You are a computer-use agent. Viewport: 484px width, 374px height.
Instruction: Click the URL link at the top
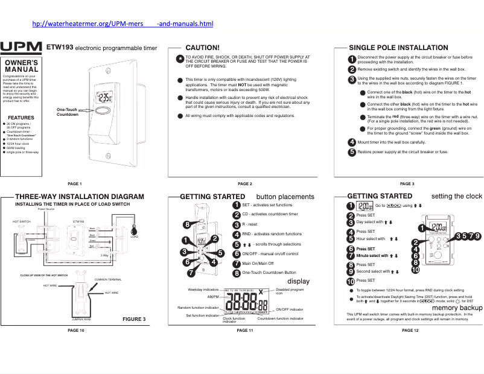coord(123,24)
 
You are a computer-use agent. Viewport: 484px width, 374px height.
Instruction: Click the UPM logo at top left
coord(21,47)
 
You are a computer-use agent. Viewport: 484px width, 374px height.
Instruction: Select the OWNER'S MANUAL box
coord(21,66)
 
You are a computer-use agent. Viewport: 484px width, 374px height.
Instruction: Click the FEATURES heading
coord(21,118)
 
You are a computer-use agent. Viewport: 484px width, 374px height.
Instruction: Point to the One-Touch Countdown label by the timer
coord(67,111)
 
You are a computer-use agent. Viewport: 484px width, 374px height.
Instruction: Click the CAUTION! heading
coord(202,47)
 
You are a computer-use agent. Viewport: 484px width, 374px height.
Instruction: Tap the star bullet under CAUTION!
coord(180,59)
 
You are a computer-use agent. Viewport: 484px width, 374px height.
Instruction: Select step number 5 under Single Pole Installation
coord(352,152)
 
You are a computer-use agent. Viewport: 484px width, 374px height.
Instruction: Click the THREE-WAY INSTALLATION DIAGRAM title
coord(79,197)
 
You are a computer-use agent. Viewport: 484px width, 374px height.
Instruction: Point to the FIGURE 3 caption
coord(134,319)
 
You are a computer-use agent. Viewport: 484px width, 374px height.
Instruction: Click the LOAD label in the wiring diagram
coord(135,237)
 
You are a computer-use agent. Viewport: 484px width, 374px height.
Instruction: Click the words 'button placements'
coord(285,197)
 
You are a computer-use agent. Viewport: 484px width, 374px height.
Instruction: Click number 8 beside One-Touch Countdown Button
coord(237,273)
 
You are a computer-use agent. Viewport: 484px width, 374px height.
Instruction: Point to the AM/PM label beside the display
coord(213,297)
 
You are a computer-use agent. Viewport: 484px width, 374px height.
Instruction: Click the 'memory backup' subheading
coord(457,308)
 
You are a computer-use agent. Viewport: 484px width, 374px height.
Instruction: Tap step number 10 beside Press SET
coord(351,280)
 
